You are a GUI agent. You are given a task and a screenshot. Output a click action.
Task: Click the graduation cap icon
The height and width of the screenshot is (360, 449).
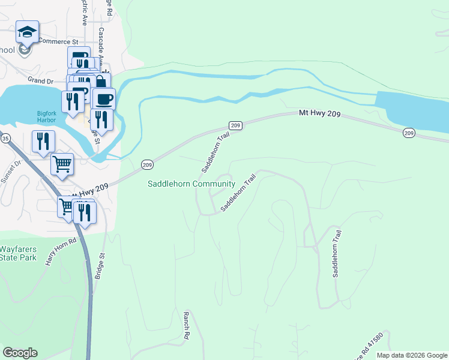pos(27,32)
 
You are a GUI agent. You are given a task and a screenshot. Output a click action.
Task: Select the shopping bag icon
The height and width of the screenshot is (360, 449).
pos(101,81)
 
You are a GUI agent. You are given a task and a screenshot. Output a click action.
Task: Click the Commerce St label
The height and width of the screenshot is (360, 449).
pos(59,41)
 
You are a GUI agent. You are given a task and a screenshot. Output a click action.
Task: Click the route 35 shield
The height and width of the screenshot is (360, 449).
pos(5,138)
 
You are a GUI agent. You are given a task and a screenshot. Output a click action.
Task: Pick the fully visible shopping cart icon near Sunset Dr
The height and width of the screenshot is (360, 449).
pos(62,164)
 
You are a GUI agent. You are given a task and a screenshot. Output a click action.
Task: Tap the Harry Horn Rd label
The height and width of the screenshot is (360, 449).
pos(62,251)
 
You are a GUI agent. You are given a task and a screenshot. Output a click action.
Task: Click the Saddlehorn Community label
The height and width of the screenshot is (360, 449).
pos(191,184)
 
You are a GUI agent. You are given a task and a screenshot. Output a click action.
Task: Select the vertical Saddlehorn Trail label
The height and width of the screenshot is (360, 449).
pos(337,253)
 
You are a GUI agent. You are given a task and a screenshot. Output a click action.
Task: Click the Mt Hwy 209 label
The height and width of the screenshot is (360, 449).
pos(319,113)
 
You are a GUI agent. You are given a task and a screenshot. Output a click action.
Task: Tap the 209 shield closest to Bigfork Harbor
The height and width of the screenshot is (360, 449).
pos(147,164)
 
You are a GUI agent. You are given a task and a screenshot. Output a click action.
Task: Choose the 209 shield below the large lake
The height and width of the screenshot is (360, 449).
pos(409,133)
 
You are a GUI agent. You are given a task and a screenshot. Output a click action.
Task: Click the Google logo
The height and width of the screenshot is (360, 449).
pos(20,353)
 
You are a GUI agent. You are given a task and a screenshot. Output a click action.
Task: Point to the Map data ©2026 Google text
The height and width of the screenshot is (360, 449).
pos(412,355)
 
